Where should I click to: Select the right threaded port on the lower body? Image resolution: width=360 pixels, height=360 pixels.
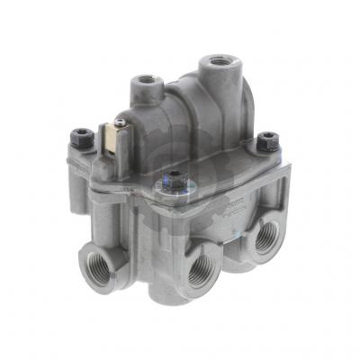267,237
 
